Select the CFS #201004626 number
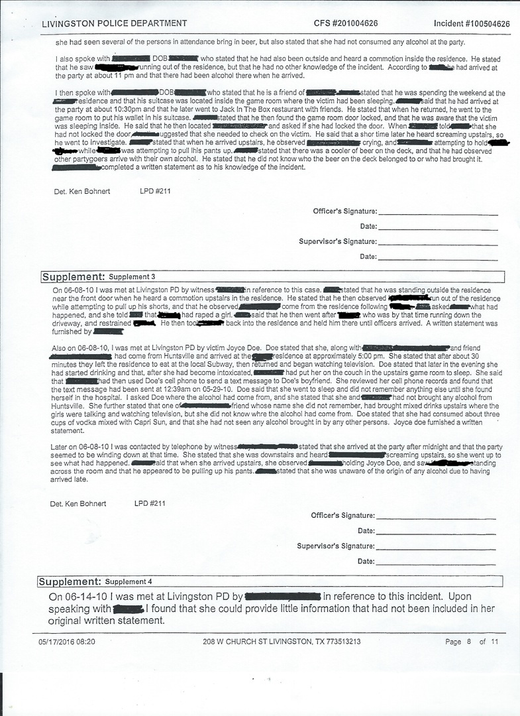346,24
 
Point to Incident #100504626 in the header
472,24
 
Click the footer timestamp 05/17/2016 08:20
67,642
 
